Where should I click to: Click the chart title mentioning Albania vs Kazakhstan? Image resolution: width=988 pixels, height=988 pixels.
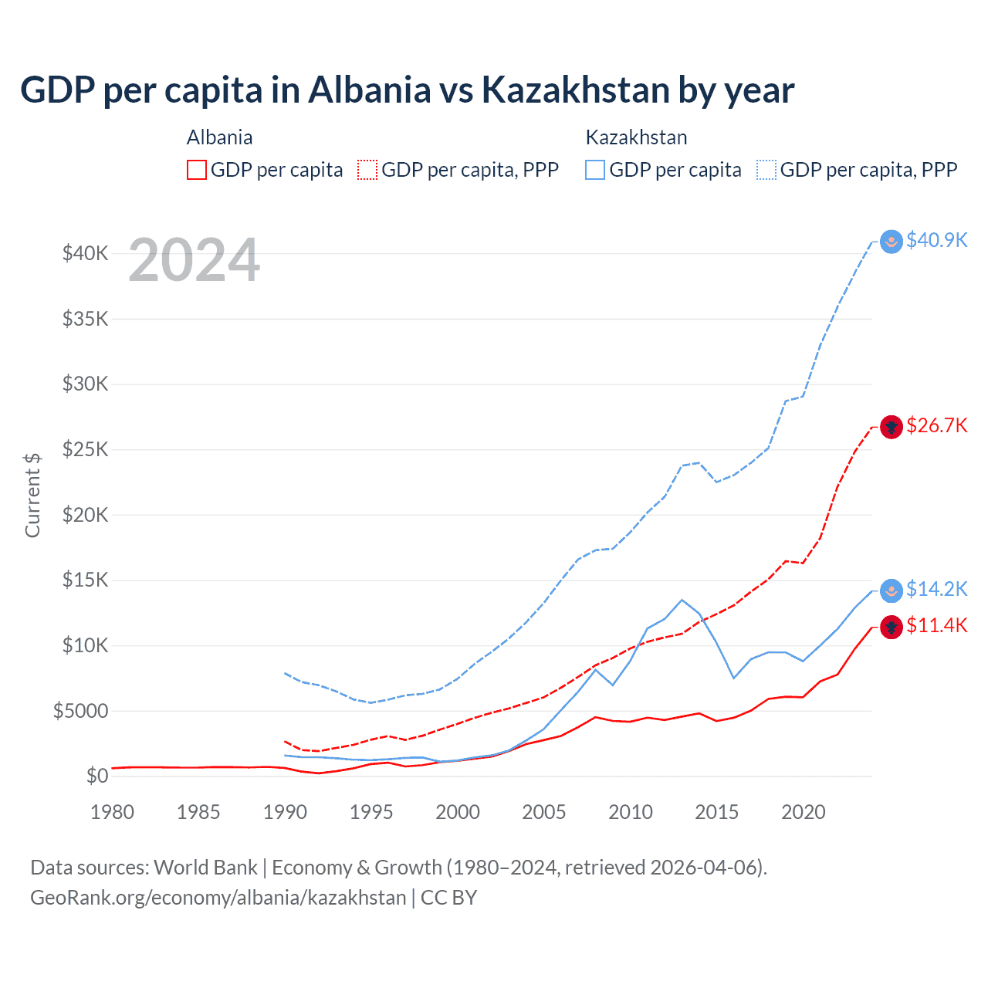pos(407,90)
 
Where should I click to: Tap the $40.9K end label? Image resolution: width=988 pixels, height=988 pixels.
pos(936,240)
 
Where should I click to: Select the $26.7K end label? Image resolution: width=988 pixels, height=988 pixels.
pos(936,425)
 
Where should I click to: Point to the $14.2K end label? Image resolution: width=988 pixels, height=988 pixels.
pos(936,589)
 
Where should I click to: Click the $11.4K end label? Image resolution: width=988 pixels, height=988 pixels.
pos(936,625)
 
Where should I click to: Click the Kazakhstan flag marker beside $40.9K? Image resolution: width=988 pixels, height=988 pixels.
pos(892,242)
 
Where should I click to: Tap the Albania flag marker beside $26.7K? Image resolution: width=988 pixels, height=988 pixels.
pos(892,427)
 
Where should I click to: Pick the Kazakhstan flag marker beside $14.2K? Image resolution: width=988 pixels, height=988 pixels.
pos(892,590)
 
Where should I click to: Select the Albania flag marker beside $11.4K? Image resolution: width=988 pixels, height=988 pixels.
pos(892,627)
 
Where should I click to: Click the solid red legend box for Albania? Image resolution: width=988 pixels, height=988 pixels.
pos(197,170)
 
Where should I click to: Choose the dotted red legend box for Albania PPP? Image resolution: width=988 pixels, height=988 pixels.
pos(367,170)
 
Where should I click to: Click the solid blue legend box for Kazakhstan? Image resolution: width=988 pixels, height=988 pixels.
pos(595,170)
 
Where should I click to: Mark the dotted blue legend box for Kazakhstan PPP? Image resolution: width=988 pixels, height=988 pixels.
pos(766,170)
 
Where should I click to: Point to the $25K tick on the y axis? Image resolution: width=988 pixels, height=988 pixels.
pos(85,449)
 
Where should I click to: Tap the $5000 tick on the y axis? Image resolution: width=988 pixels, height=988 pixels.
pos(80,711)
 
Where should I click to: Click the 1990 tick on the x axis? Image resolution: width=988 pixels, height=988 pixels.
pos(285,812)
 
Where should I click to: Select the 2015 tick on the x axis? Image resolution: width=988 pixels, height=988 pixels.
pos(716,812)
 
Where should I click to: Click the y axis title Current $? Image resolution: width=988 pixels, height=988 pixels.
pos(32,496)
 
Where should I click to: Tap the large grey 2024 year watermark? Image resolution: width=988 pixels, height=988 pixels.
pos(194,261)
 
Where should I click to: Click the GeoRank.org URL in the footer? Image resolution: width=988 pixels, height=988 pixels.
pos(218,898)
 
